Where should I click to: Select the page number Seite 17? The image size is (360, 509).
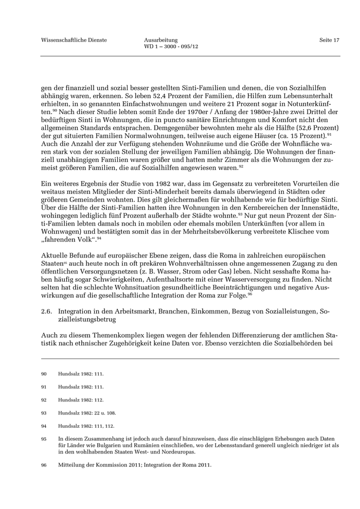click(329, 40)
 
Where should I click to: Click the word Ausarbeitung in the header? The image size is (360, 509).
click(161, 40)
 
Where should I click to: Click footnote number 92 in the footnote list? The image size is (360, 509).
click(44, 399)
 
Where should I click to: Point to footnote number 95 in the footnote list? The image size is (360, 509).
click(44, 439)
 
